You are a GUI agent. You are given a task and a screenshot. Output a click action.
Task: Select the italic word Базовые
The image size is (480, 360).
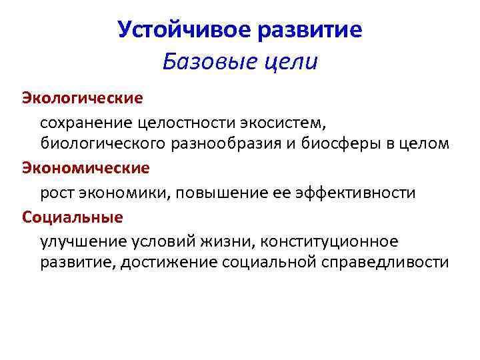coord(203,63)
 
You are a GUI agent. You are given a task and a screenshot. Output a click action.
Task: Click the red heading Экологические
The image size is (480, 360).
coord(83,98)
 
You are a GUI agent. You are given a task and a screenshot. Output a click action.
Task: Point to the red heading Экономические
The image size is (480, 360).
coord(86,167)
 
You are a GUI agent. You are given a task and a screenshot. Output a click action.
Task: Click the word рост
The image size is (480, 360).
coord(56,193)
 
